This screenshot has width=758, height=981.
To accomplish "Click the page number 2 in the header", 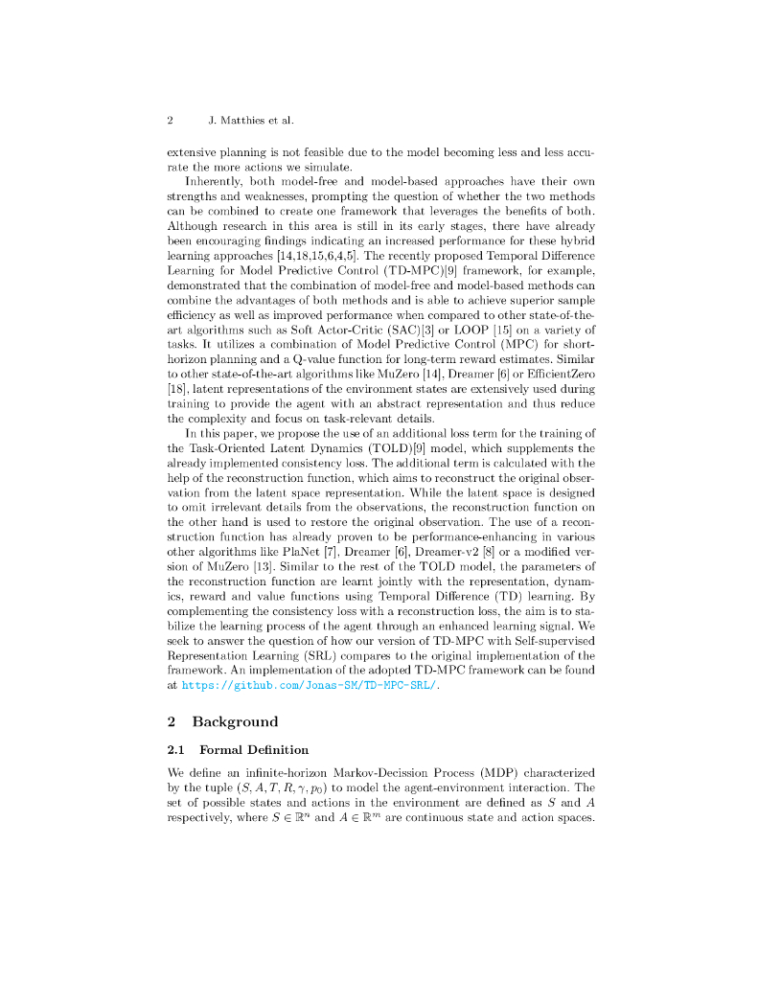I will coord(170,122).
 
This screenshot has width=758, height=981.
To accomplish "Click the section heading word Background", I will coord(235,721).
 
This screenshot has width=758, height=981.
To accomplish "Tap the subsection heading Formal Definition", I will coord(254,749).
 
